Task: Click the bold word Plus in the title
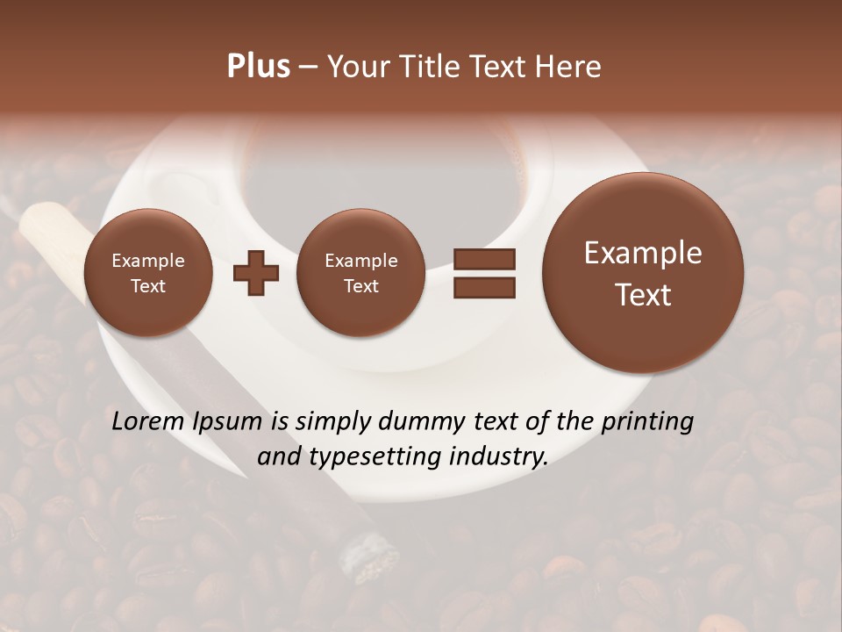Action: (258, 66)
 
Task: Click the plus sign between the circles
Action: (256, 272)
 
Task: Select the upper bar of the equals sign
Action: (484, 258)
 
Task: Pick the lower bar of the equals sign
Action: (484, 287)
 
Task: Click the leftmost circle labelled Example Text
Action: (147, 273)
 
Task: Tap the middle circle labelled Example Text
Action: (360, 273)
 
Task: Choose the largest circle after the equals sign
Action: (643, 273)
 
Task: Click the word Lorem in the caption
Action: (149, 421)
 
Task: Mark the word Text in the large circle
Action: (643, 295)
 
